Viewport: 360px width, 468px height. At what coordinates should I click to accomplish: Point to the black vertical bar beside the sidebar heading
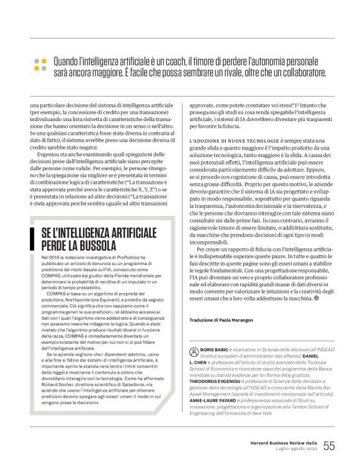point(30,237)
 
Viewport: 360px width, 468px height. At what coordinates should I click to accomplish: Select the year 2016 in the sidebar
point(56,256)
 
